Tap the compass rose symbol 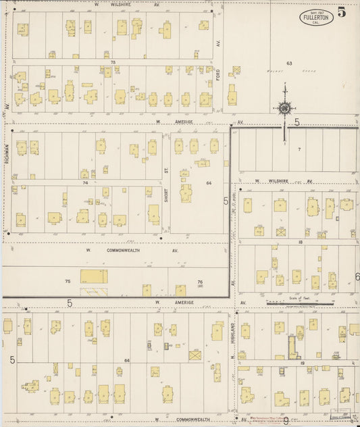(x=285, y=107)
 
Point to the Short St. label (x=165, y=182)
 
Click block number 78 (x=114, y=62)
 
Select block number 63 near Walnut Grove (x=288, y=64)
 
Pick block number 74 (x=86, y=182)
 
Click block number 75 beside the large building (x=68, y=281)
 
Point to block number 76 (x=200, y=282)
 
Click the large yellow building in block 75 (x=93, y=276)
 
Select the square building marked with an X (x=195, y=354)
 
